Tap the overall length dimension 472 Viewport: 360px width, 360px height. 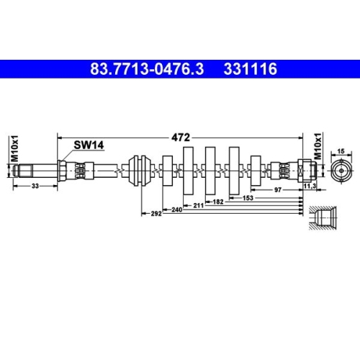click(179, 135)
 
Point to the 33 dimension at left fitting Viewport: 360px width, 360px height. click(35, 186)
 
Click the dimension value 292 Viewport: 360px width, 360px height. click(155, 214)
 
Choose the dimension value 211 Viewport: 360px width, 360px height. click(197, 204)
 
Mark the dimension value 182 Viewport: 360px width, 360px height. click(218, 201)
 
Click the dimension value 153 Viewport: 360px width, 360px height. click(248, 197)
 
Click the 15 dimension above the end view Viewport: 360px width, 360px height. click(342, 151)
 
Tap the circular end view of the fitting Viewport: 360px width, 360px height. click(343, 171)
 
